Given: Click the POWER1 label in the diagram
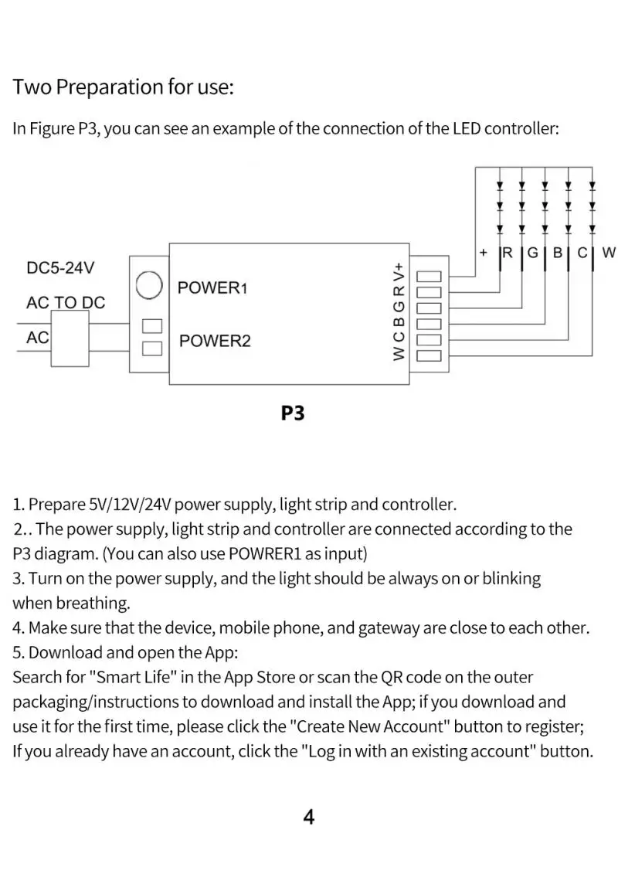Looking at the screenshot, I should coord(212,288).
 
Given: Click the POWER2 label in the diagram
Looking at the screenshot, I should coord(215,341).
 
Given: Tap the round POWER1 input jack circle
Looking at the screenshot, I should coord(148,286).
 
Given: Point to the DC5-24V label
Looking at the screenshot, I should coord(60,268).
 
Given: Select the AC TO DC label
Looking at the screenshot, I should coord(66,303).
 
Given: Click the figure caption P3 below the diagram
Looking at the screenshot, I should coord(293,413).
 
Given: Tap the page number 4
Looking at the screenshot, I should coord(309,817).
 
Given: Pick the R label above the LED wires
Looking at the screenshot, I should coord(508,253).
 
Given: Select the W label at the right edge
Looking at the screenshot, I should coord(609,253).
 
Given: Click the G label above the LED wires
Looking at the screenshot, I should coord(532,253).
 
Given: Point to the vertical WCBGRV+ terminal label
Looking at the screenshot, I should coord(399,313).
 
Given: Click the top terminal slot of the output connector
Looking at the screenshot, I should coord(429,277).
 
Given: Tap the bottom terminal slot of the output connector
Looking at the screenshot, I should coord(429,355).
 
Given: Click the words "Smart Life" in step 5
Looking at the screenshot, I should coord(134,678).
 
